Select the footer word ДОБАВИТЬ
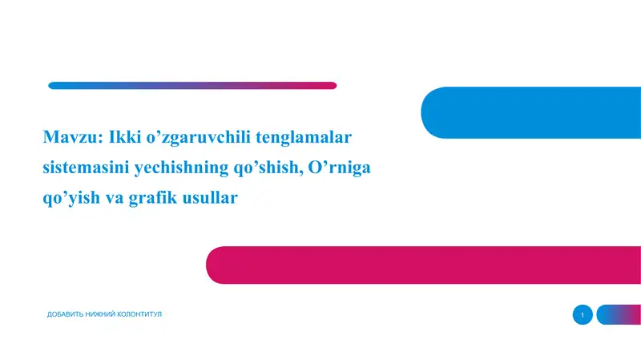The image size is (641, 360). point(69,314)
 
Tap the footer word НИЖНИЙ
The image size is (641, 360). point(107,314)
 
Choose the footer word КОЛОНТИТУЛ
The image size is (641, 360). point(148,314)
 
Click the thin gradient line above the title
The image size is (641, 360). point(192,85)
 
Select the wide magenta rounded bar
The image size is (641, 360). point(425,265)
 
